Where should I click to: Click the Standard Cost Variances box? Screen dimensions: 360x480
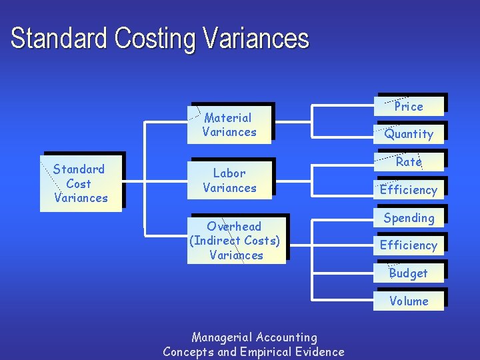(81, 183)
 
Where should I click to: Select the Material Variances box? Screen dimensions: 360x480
(229, 125)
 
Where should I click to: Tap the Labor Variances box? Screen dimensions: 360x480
(229, 180)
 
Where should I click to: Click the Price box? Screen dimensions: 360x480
(409, 106)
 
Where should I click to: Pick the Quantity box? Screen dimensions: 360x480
(409, 134)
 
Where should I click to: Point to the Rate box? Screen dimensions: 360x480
(409, 162)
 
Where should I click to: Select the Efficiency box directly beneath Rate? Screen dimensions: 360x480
(409, 190)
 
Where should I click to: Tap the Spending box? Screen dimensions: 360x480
(409, 218)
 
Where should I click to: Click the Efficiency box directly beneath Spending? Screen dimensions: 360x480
(409, 245)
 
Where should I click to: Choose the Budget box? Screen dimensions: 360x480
(409, 273)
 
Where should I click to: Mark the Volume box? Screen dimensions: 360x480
(409, 301)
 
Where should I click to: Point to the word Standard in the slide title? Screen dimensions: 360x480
(60, 39)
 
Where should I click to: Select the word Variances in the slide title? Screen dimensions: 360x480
(256, 39)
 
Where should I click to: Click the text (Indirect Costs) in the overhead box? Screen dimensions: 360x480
(235, 241)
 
